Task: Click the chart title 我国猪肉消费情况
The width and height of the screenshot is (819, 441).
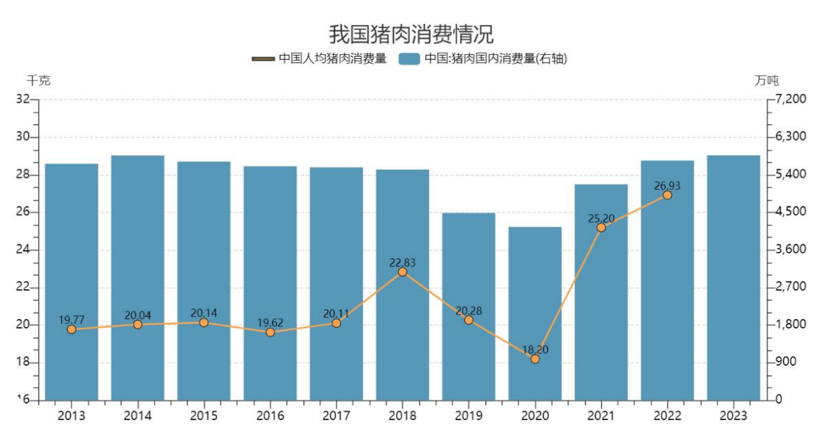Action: pos(411,33)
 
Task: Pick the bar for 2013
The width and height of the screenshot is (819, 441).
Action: pos(72,282)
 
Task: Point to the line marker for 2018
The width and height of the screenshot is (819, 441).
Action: pos(402,272)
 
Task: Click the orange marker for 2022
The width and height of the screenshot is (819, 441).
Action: pos(667,195)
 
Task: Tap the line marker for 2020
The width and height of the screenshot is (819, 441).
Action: pos(535,359)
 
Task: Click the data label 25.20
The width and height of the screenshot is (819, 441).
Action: pos(601,218)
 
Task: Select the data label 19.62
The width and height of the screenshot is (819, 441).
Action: pos(270,323)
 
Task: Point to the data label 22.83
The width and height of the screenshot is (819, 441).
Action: pos(402,263)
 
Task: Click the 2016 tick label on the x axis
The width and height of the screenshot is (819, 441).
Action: pos(270,416)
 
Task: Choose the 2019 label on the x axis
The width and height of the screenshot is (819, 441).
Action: pos(469,416)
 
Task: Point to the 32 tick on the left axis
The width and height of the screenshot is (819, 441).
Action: pos(25,99)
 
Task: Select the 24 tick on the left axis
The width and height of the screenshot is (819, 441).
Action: pos(25,249)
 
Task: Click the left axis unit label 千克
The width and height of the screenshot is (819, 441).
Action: pos(39,81)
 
